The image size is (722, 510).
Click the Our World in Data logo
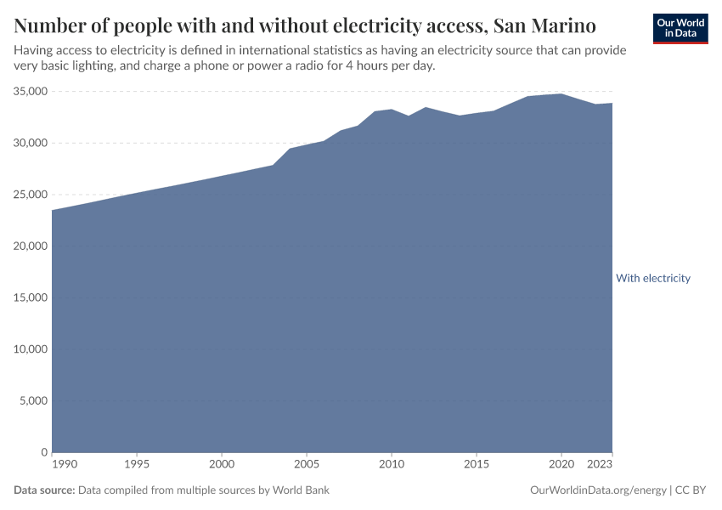(680, 28)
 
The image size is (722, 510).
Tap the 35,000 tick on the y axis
(30, 91)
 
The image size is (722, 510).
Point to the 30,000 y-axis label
(30, 143)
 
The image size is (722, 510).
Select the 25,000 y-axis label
(30, 195)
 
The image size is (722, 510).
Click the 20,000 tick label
(30, 246)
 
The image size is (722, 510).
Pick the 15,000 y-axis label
(30, 297)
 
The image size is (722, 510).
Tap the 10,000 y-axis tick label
(30, 349)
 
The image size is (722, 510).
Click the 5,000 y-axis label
(32, 401)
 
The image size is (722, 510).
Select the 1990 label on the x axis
(65, 465)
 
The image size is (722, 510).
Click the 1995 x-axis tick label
(137, 465)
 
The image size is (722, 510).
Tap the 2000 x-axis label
(222, 465)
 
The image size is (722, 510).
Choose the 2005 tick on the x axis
(307, 465)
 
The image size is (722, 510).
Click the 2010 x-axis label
(391, 465)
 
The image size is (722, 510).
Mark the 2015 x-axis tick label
(476, 465)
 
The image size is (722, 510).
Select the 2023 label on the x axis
(600, 465)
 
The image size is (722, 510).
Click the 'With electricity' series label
(652, 278)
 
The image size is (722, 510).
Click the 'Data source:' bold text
(44, 490)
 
